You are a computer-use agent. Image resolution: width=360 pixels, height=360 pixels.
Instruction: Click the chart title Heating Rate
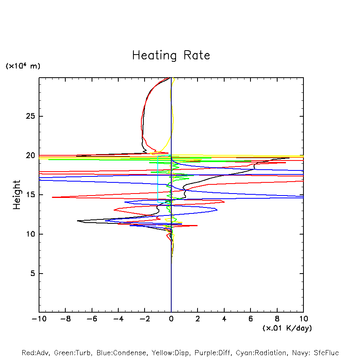coord(171,55)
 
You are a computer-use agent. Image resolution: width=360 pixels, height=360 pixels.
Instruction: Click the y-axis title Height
coord(17,195)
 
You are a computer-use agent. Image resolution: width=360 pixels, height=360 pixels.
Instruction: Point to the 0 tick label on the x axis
coord(171,319)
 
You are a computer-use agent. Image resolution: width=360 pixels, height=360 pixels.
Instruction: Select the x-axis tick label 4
coord(224,319)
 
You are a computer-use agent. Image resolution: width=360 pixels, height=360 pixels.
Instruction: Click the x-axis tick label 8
coord(277,319)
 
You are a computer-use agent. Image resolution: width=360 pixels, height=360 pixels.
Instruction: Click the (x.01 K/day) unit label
coord(287,328)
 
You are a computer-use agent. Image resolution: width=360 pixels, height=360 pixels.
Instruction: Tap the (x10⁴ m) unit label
coord(23,66)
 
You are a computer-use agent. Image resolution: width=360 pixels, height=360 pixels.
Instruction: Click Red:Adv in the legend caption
coord(33,353)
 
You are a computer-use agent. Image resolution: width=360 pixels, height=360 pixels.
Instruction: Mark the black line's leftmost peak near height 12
coord(78,221)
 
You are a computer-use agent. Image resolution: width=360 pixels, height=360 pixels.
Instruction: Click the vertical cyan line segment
coord(158,179)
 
